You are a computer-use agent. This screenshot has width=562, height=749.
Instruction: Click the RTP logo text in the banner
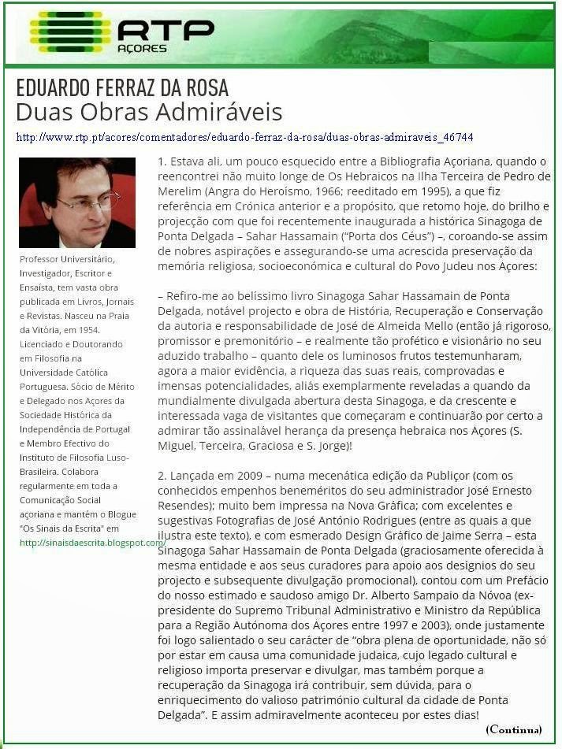(166, 29)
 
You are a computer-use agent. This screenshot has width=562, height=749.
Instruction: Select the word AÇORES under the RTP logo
(143, 48)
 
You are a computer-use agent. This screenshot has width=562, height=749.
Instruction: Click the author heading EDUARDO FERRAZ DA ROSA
(121, 87)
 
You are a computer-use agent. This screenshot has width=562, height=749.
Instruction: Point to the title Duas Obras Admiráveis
(149, 111)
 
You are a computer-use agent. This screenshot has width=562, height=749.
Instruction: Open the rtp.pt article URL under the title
(244, 137)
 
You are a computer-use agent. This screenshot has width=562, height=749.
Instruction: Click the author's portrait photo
(76, 202)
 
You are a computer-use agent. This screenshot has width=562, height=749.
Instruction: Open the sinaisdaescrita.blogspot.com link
(92, 543)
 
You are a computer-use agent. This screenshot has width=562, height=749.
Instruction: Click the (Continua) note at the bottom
(514, 729)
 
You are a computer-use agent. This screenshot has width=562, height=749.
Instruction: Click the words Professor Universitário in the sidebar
(68, 259)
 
